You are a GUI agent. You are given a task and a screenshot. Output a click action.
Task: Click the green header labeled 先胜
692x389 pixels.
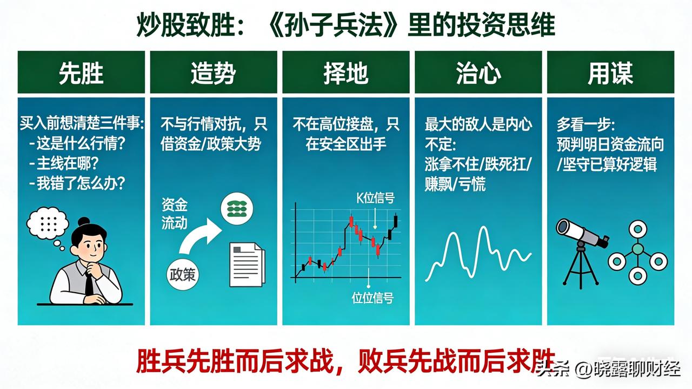click(81, 72)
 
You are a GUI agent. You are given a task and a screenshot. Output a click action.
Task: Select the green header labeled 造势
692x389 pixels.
click(213, 72)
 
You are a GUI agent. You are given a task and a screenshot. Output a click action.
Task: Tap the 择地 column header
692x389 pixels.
click(345, 72)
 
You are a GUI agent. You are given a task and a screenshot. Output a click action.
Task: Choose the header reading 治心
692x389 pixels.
click(478, 72)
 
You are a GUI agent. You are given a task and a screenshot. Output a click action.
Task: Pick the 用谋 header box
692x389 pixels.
click(610, 72)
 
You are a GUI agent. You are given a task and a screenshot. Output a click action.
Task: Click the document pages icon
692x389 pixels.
click(247, 264)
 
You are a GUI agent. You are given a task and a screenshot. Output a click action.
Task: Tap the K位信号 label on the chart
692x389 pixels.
click(375, 199)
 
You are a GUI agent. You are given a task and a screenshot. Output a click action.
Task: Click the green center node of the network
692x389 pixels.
click(638, 249)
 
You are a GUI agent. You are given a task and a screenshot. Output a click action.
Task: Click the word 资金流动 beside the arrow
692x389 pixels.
click(174, 214)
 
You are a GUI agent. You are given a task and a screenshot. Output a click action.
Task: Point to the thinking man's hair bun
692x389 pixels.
click(84, 221)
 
